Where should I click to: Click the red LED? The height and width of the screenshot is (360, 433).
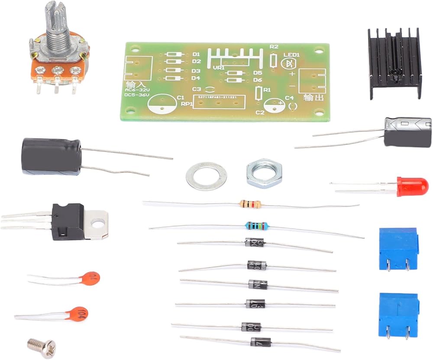412,186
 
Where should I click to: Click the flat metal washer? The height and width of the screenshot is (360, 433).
207,176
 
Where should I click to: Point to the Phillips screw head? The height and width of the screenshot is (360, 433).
42,345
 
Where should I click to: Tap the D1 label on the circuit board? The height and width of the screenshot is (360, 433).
196,54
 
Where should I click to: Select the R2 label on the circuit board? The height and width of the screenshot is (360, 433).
274,47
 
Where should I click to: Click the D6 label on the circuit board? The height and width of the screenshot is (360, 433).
258,80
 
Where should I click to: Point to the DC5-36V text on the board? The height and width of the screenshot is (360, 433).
135,94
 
